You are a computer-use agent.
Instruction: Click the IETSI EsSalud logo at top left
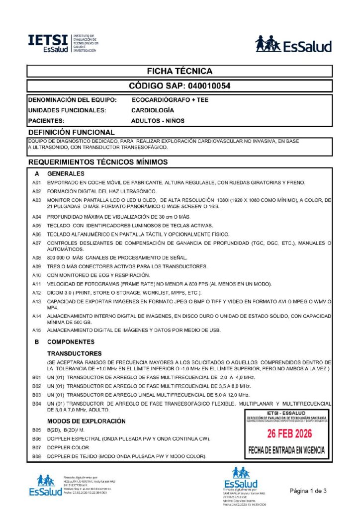click(63, 44)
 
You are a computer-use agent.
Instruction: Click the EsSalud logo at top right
click(293, 45)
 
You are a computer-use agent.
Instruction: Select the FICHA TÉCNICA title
click(180, 71)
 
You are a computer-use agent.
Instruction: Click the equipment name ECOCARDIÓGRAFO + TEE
click(170, 100)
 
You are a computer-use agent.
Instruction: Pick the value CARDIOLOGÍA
click(153, 110)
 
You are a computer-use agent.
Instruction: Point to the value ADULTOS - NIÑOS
click(157, 120)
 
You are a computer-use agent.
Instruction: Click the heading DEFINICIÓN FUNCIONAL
click(72, 132)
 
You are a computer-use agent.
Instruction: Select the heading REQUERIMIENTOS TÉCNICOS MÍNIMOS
click(98, 162)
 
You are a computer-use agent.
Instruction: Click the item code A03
click(36, 200)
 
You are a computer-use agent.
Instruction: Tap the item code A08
click(36, 257)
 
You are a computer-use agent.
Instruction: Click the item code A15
click(36, 331)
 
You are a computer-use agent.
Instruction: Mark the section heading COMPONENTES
click(71, 342)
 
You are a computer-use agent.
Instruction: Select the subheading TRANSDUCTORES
click(75, 353)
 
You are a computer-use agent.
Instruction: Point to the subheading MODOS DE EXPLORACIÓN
click(86, 421)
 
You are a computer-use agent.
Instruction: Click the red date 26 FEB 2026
click(289, 434)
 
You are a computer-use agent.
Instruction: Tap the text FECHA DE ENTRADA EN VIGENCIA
click(286, 451)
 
